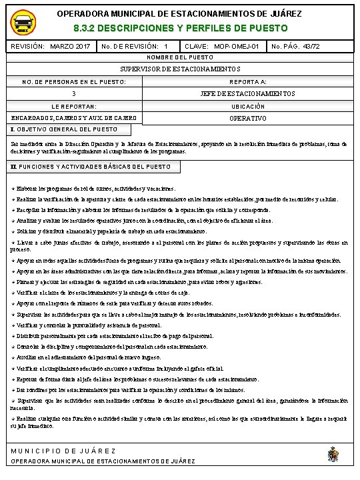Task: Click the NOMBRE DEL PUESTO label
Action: point(180,58)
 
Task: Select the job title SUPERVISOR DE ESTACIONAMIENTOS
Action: point(180,69)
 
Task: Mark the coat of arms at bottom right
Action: point(332,455)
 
